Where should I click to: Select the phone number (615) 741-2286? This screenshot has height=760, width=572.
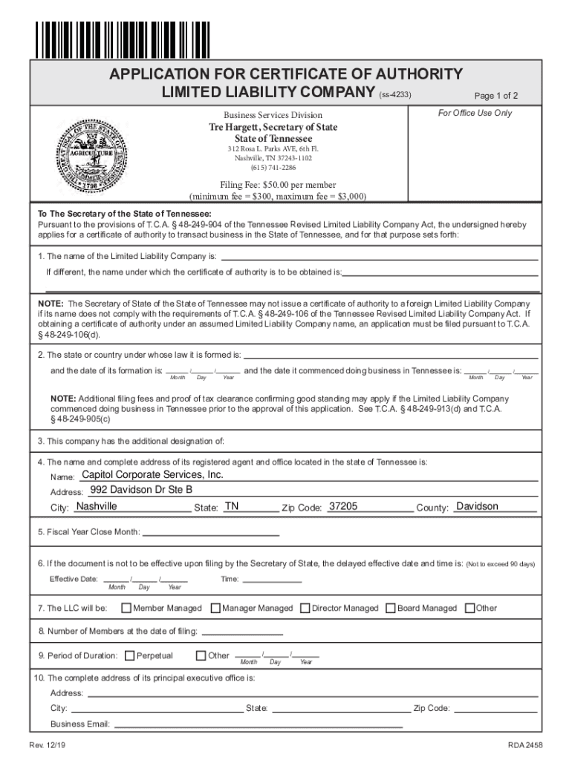pos(273,168)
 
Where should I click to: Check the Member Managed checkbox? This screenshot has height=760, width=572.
pos(126,608)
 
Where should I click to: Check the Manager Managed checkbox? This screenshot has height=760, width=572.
pos(215,608)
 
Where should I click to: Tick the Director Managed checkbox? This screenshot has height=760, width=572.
pos(305,608)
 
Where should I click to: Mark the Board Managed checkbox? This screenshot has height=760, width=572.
pos(391,608)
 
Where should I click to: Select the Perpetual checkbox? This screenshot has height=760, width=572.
pos(130,655)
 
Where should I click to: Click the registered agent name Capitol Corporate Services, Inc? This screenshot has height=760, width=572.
pos(152,474)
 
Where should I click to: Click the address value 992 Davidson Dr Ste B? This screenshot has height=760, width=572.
pos(140,490)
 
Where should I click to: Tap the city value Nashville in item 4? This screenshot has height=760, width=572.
pos(97,506)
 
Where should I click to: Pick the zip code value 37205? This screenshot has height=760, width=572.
pos(343,506)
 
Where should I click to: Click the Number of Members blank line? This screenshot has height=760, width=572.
pos(242,632)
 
